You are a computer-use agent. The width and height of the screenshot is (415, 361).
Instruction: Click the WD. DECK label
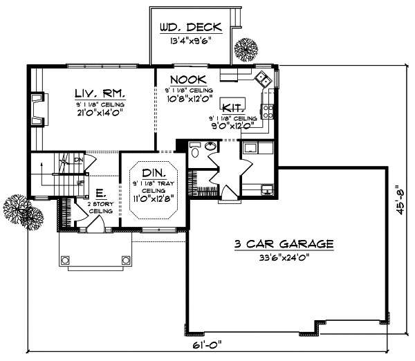190,28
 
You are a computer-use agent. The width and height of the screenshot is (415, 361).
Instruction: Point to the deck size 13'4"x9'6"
190,40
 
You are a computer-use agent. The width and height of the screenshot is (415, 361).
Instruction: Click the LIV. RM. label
98,92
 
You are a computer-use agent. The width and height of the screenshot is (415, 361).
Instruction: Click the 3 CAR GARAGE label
284,244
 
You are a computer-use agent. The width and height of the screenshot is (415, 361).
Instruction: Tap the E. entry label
100,193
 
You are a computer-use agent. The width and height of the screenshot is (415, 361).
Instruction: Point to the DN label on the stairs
78,159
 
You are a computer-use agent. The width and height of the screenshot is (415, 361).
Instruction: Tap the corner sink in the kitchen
261,77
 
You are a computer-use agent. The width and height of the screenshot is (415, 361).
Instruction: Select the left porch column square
65,260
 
